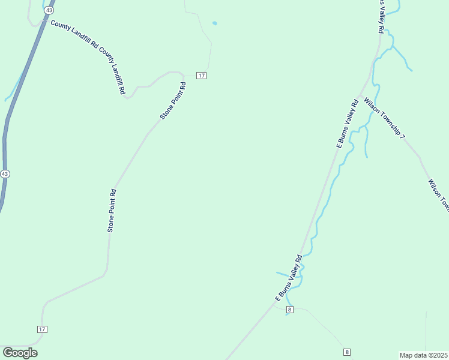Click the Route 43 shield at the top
point(49,10)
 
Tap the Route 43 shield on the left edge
point(5,173)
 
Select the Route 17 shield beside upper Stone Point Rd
point(201,75)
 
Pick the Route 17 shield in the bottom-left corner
point(42,329)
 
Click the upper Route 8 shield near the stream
point(289,310)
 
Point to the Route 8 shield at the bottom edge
point(346,352)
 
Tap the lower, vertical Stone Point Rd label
point(112,211)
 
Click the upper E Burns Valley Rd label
point(348,124)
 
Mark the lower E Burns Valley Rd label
point(288,277)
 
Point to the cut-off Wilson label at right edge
point(439,196)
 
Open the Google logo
point(20,353)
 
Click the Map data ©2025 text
point(423,355)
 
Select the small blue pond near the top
point(214,23)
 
